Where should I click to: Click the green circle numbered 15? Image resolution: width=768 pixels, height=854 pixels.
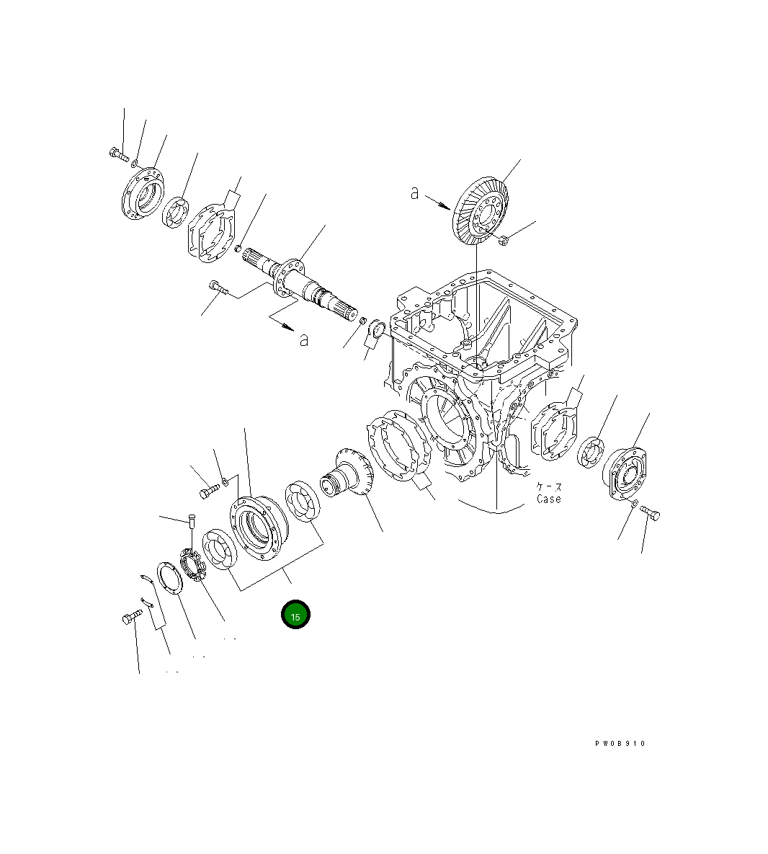click(x=295, y=615)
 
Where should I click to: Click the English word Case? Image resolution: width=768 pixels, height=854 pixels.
click(x=548, y=499)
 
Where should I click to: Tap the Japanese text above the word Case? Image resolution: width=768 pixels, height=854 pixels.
click(x=548, y=487)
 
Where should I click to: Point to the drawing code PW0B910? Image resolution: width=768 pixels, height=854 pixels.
click(x=620, y=744)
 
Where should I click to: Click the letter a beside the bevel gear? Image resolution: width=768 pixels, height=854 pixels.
click(x=415, y=192)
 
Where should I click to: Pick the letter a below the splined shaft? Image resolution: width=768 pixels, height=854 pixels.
click(x=304, y=339)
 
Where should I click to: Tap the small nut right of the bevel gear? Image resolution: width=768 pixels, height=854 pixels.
click(x=504, y=240)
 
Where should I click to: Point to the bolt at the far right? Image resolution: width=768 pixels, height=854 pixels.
click(x=651, y=513)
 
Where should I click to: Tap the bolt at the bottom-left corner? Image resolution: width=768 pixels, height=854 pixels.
click(x=130, y=617)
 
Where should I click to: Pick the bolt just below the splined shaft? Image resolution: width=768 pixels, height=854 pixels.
click(x=218, y=288)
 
